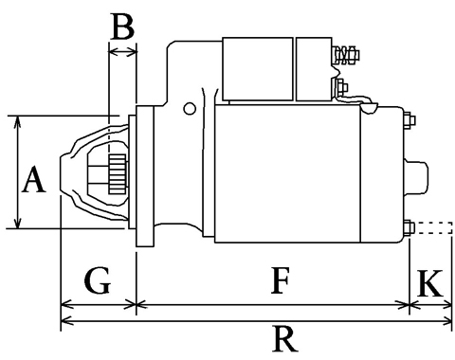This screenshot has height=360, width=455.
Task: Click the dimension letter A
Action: tap(34, 180)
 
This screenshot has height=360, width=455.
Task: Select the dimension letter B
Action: tap(123, 26)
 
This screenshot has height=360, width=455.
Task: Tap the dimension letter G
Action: tap(98, 280)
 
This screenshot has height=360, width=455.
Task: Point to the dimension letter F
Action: tap(281, 280)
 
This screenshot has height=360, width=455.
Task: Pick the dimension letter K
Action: tap(430, 283)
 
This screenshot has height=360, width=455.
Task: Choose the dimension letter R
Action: tap(285, 339)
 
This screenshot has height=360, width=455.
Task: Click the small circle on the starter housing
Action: tap(190, 109)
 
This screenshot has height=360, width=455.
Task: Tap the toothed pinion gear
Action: tap(118, 174)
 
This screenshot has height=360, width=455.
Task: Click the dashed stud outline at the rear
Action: tap(434, 227)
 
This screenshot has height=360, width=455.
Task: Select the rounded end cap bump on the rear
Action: tap(416, 177)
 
